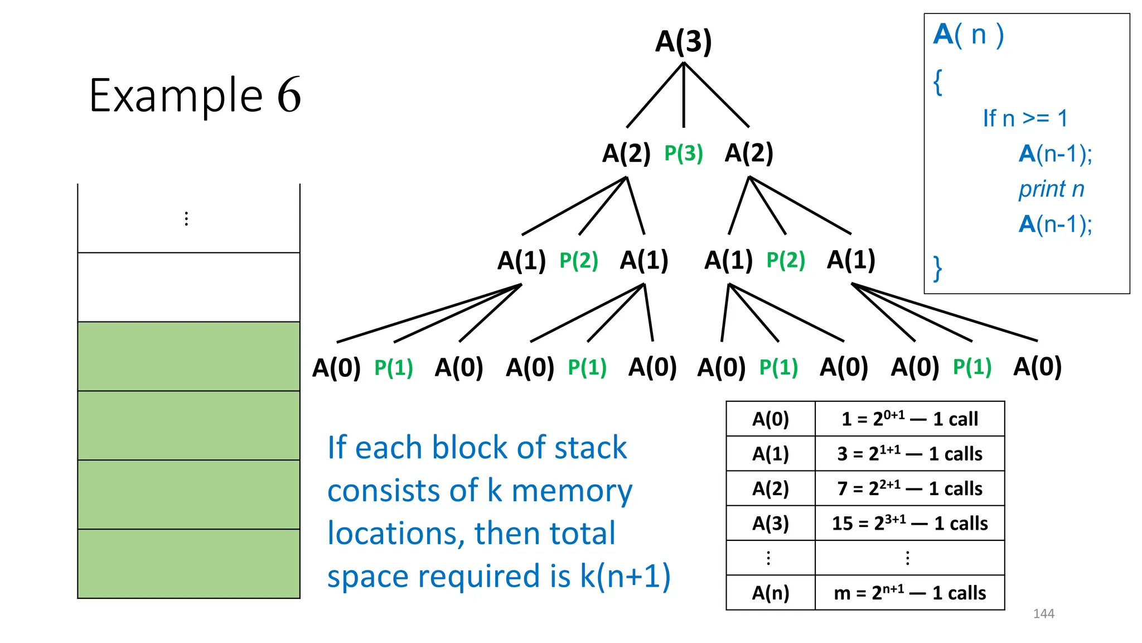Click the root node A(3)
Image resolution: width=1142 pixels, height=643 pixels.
(683, 41)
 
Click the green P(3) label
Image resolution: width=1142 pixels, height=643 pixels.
(683, 153)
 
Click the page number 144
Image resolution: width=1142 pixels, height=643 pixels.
(1043, 613)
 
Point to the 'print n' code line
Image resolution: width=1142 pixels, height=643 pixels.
(1051, 189)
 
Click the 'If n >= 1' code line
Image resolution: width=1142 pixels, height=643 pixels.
(1025, 118)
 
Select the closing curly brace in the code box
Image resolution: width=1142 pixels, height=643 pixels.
(937, 268)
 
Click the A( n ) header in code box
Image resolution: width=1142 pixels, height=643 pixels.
(968, 35)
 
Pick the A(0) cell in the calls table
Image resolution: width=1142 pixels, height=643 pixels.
(770, 419)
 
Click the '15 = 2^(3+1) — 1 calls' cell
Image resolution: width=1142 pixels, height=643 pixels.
(909, 523)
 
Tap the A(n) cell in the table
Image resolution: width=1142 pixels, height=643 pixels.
(770, 592)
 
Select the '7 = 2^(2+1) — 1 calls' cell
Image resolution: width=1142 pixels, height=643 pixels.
(909, 488)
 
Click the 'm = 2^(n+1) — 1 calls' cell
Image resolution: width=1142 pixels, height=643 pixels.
(909, 592)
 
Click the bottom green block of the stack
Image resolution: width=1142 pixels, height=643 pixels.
(188, 563)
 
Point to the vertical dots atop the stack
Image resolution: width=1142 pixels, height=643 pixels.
(186, 218)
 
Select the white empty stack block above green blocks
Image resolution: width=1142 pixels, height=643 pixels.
(188, 287)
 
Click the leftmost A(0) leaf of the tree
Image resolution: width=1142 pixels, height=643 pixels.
(336, 368)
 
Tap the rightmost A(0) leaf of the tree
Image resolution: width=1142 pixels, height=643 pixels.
(1037, 367)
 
